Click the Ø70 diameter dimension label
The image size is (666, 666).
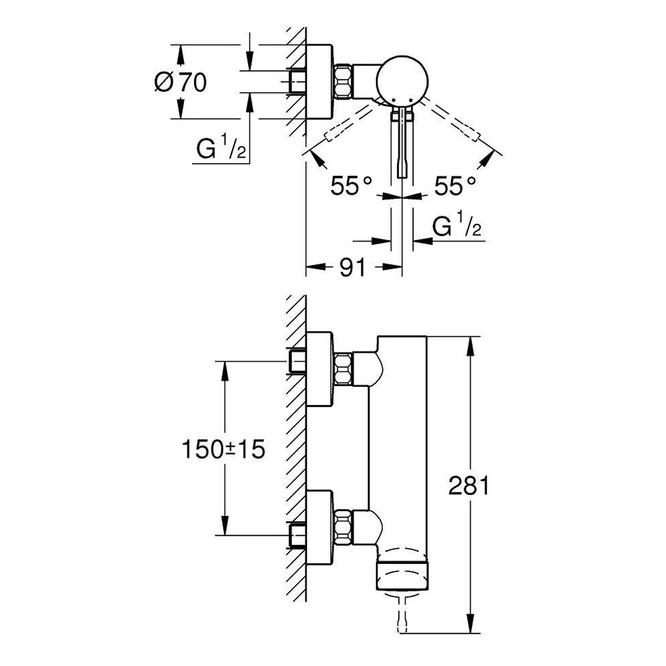click(180, 83)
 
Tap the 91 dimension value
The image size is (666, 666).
click(352, 267)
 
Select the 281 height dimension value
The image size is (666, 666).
click(469, 485)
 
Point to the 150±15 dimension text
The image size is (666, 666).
click(224, 450)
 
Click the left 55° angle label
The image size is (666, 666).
click(351, 185)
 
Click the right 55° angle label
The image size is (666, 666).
click(455, 185)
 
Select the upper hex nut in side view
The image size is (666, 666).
click(343, 369)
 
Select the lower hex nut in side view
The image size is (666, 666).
click(343, 527)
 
